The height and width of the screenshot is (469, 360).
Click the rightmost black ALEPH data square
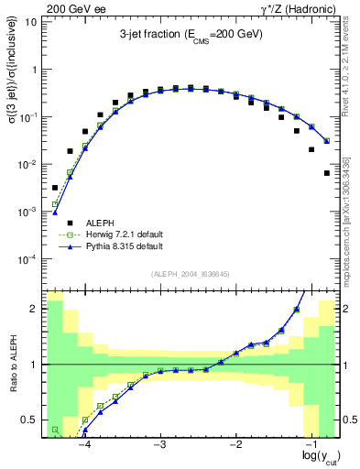click(327, 172)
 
